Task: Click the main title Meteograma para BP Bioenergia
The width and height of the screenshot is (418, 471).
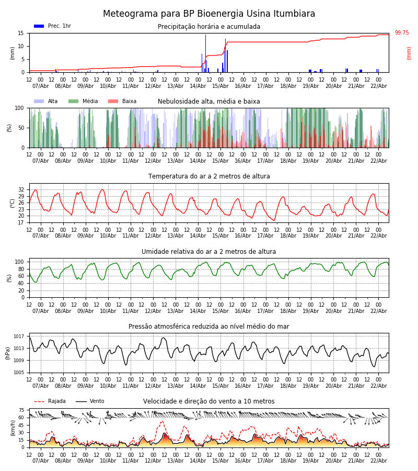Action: tap(209, 14)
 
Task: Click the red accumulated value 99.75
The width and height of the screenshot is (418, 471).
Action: tap(402, 33)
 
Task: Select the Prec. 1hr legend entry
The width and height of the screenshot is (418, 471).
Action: tap(53, 26)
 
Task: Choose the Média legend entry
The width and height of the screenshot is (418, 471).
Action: tap(83, 102)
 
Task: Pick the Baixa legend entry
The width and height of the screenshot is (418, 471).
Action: tap(122, 102)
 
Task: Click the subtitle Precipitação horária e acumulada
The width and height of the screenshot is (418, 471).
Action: tap(209, 27)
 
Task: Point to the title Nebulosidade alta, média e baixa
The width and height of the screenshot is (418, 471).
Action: tap(209, 102)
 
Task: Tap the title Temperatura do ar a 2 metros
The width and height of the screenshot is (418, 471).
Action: tap(209, 176)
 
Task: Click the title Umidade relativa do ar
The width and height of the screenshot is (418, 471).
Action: tap(209, 252)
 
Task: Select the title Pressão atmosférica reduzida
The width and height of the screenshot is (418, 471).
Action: tap(209, 327)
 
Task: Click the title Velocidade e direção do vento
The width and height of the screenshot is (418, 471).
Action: tap(209, 401)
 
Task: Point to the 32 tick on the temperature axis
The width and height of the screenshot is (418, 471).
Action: tap(21, 190)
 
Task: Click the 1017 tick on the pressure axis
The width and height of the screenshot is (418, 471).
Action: tap(19, 337)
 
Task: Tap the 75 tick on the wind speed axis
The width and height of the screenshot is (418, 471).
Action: tap(21, 410)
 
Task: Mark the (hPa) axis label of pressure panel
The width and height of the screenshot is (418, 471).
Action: tap(8, 353)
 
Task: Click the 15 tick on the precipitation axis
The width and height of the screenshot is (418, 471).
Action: tap(21, 33)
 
